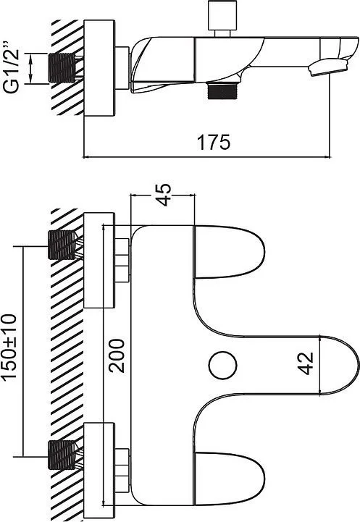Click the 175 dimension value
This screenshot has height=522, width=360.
point(214,142)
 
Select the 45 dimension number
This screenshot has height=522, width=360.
point(164,195)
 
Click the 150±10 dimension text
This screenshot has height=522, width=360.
point(9,347)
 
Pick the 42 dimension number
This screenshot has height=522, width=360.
point(306,363)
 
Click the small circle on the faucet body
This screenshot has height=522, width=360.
point(224,366)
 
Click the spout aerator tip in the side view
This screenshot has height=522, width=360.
point(328,67)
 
